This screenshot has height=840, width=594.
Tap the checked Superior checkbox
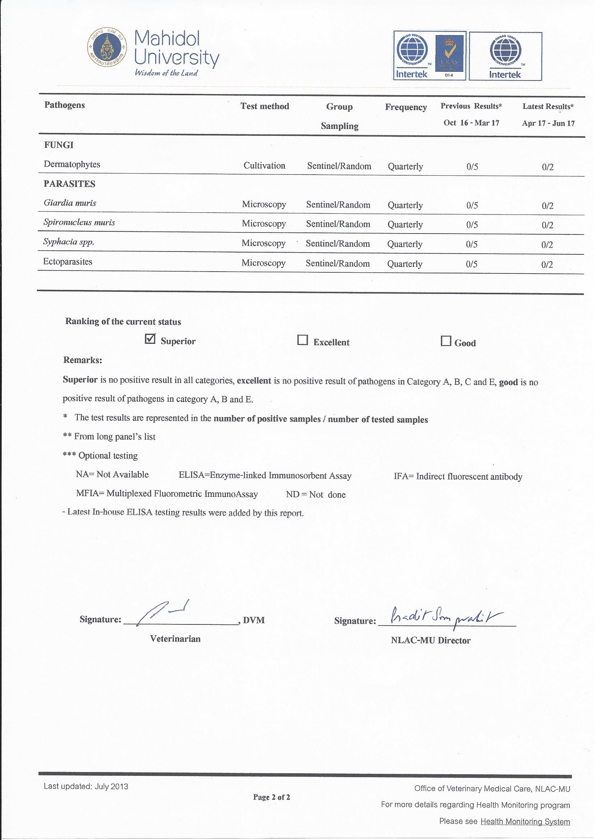click(x=150, y=339)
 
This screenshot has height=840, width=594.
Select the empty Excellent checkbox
click(x=302, y=340)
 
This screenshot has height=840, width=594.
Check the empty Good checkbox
click(x=445, y=341)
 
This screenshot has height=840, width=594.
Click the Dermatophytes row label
click(x=72, y=164)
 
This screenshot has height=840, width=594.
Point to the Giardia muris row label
click(x=70, y=203)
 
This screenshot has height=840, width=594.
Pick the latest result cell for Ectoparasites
click(x=547, y=264)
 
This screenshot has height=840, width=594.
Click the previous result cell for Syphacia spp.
click(x=472, y=244)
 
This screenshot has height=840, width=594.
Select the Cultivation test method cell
click(x=264, y=166)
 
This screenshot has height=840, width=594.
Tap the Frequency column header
click(x=405, y=107)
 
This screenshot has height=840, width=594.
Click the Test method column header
click(x=265, y=106)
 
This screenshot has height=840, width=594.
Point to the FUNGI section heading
click(x=59, y=145)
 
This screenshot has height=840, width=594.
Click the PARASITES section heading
click(x=70, y=184)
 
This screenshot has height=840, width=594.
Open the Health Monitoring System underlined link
click(x=525, y=821)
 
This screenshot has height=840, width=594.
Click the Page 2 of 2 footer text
click(x=272, y=797)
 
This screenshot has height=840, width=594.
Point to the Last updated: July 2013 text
click(x=86, y=786)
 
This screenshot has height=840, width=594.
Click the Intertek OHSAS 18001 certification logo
click(x=505, y=56)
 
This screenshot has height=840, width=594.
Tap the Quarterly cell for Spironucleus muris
click(x=405, y=225)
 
